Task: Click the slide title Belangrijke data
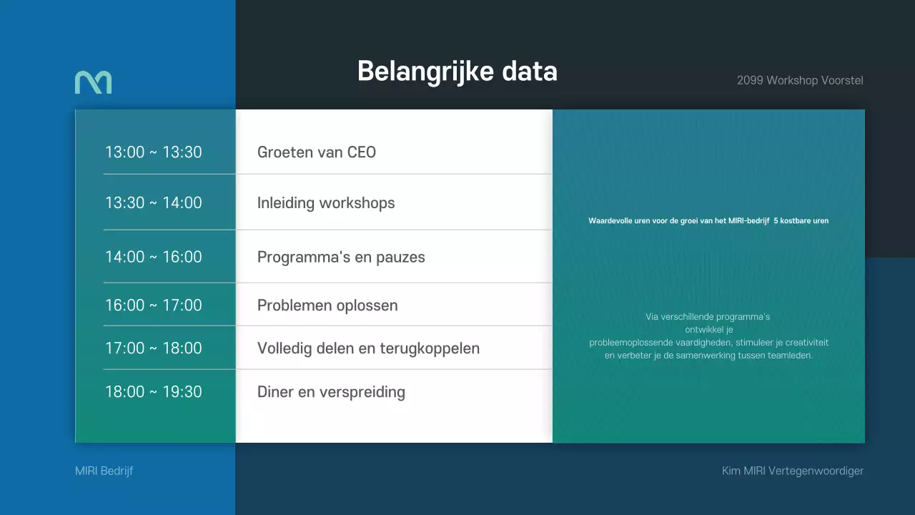(x=457, y=72)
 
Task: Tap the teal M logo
(x=93, y=82)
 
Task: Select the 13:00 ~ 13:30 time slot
(x=154, y=152)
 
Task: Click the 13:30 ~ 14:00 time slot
(x=154, y=203)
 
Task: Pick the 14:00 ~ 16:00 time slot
(x=154, y=257)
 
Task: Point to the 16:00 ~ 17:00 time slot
(x=154, y=305)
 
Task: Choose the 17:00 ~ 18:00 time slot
(x=154, y=348)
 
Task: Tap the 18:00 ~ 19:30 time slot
(x=154, y=392)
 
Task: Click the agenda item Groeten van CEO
(x=316, y=152)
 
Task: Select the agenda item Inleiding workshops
(x=326, y=203)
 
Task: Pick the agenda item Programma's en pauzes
(x=341, y=257)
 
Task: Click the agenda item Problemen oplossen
(x=327, y=305)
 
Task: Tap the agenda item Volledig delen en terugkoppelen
(x=368, y=348)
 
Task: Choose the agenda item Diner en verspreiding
(x=331, y=392)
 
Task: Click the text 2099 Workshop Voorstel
(x=800, y=80)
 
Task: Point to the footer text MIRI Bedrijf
(x=104, y=471)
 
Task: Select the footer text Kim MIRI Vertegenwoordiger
(x=793, y=471)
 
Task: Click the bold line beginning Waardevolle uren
(x=708, y=221)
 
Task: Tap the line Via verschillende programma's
(x=708, y=317)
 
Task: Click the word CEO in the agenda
(x=362, y=152)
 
